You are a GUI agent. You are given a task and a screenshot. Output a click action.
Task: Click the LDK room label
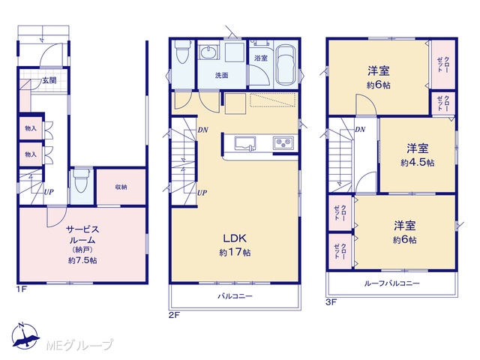click(235, 238)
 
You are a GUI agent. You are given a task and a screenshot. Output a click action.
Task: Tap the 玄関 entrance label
click(49, 81)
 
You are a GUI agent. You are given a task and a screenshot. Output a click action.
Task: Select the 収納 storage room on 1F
click(121, 187)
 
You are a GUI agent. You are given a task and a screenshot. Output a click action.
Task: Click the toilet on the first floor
click(81, 181)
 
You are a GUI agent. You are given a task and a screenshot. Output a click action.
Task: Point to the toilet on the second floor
click(182, 52)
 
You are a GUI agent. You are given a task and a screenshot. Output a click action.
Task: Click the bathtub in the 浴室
click(286, 65)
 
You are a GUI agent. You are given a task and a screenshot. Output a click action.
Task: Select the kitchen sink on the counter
click(245, 143)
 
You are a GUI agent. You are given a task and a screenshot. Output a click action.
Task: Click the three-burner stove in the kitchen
click(283, 143)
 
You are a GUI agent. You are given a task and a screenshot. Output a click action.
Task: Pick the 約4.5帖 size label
click(418, 163)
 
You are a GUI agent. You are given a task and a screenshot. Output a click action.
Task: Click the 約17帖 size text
click(235, 253)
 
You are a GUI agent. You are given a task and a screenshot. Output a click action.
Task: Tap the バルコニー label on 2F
click(235, 296)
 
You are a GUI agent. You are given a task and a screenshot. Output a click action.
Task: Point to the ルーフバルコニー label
click(391, 283)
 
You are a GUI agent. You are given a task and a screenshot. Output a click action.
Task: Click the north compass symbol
click(25, 336)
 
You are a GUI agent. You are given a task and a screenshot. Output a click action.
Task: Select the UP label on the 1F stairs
click(49, 192)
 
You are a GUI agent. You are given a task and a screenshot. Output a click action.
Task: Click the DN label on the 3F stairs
click(360, 130)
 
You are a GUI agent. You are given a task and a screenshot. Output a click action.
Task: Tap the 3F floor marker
click(331, 303)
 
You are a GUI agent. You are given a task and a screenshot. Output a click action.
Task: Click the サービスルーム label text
click(83, 235)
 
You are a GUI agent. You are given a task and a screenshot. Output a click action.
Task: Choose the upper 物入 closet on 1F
click(31, 128)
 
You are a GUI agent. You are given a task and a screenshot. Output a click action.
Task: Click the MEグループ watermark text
click(79, 345)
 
